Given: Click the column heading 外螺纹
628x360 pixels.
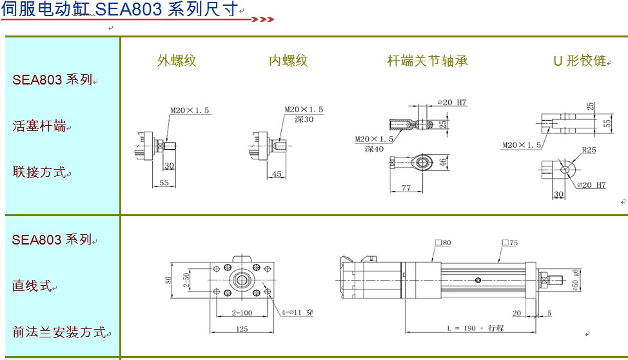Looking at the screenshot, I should [x=177, y=61].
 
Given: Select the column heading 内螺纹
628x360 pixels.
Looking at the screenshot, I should [x=288, y=61].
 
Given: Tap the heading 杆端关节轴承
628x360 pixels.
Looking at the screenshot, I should [x=427, y=61].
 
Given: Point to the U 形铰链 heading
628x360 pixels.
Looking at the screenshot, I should [x=580, y=61].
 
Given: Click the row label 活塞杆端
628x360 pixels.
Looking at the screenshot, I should [x=39, y=126].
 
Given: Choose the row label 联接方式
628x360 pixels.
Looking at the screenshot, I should [x=39, y=172].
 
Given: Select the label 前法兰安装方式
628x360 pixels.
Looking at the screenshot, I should [x=58, y=332].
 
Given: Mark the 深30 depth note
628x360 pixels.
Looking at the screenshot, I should [x=304, y=119].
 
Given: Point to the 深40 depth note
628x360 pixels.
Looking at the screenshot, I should [x=374, y=148].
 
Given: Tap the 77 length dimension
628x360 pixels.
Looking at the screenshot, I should [x=406, y=188].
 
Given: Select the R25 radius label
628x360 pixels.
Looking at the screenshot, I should [x=589, y=150].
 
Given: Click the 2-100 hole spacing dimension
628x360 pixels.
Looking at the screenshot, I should [x=242, y=313].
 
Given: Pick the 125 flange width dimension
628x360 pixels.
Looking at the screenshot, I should [x=242, y=329].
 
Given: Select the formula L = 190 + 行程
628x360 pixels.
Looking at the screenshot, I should [x=475, y=328].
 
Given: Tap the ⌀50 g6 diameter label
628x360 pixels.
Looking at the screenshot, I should [x=576, y=281].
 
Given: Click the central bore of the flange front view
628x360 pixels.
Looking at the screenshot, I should [x=242, y=280].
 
